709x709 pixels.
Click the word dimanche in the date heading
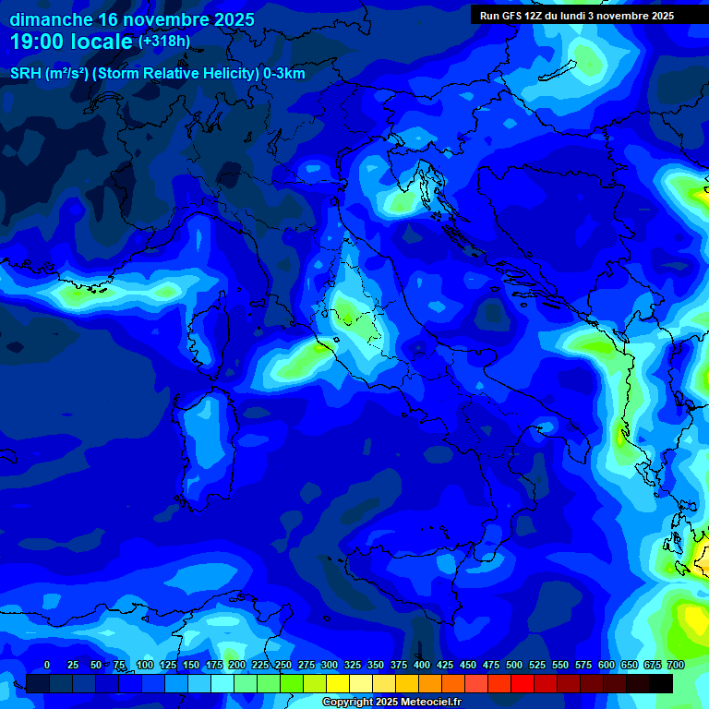(51, 19)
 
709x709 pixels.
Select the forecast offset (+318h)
(164, 42)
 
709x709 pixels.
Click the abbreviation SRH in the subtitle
(26, 74)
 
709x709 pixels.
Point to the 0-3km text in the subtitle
(284, 74)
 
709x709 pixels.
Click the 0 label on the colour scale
(47, 665)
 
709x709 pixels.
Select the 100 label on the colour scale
(145, 665)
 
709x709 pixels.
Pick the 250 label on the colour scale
(283, 665)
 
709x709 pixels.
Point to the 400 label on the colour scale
(422, 665)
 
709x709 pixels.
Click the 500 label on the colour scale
(514, 665)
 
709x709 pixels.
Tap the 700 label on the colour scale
(676, 665)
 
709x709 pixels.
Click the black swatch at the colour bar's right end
(661, 683)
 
